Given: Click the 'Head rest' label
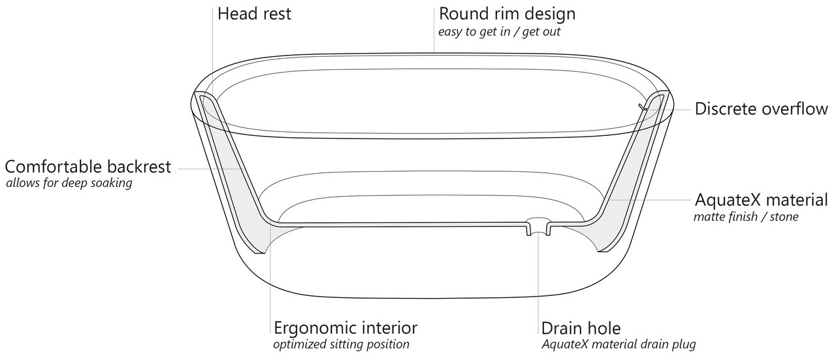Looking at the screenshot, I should (x=254, y=13).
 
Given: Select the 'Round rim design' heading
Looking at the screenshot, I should (x=507, y=13).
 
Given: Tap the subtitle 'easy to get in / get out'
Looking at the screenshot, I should (x=499, y=31).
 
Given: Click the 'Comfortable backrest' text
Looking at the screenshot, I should (x=88, y=167).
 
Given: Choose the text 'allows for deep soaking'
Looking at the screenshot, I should (x=69, y=184).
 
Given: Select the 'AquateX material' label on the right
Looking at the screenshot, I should (x=762, y=199).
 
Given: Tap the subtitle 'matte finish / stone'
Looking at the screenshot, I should (x=746, y=216).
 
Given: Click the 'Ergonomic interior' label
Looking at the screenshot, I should (x=346, y=327).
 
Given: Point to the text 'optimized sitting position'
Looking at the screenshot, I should (x=341, y=344).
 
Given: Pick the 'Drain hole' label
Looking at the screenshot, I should (x=581, y=327).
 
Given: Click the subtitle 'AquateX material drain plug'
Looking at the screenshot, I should (x=619, y=344).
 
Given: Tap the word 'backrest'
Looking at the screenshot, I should (x=140, y=167).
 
